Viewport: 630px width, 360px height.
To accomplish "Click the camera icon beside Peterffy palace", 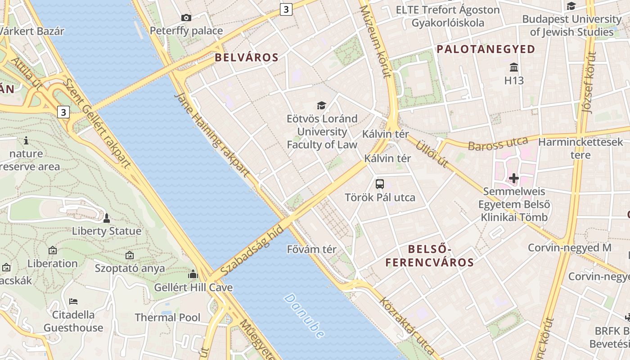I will coord(186,18).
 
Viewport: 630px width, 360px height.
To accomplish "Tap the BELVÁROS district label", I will coord(247,58).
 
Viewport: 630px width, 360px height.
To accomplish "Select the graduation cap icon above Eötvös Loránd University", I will coord(321,105).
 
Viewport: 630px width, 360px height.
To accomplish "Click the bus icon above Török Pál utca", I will coord(380,184).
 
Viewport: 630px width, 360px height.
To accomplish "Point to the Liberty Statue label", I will coord(107,231).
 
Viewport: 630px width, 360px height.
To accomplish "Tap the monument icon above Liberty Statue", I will coord(107,218).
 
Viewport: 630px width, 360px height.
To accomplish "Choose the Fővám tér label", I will coord(311,249).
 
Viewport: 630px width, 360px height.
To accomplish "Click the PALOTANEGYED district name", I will coord(486,49).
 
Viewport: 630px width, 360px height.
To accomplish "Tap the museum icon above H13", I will coord(513,67).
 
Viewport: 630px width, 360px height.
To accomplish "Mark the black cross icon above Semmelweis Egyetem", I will coord(513,178).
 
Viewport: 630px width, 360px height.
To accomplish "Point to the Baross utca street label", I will coord(498,144).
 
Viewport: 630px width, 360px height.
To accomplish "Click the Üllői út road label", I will coord(432,153).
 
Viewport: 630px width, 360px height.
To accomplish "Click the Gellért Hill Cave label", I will coord(193,288).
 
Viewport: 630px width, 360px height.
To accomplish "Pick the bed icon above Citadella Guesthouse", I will coord(73,301).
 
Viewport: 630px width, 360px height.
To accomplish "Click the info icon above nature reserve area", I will coord(26,140).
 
